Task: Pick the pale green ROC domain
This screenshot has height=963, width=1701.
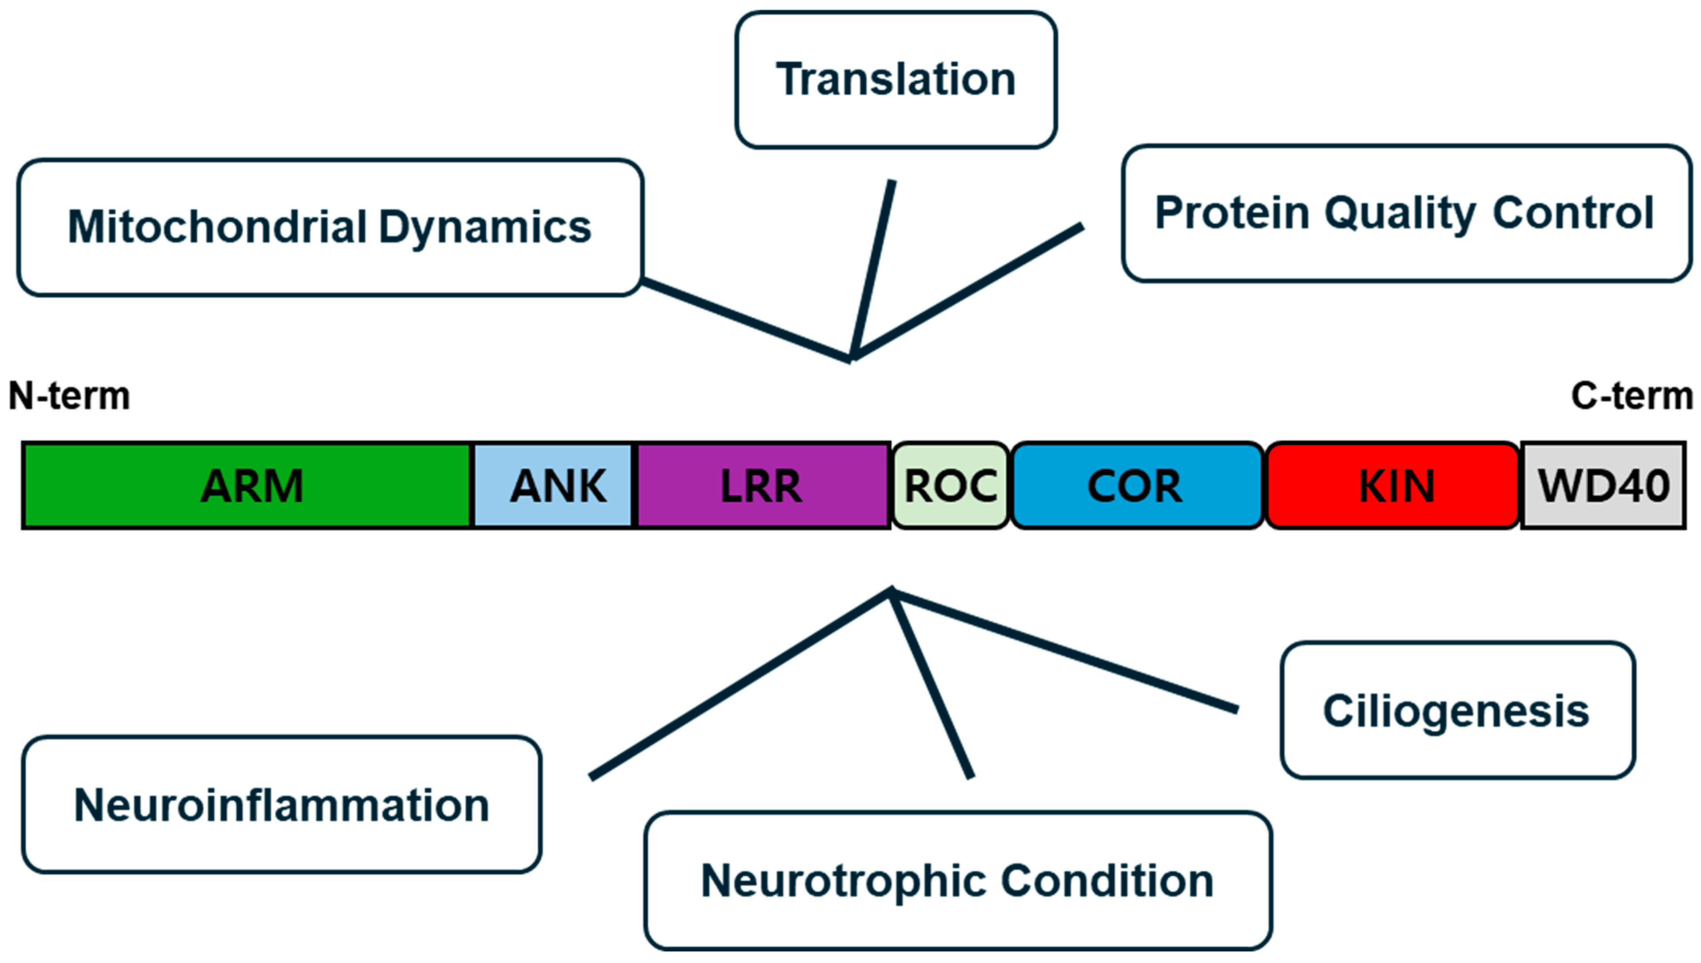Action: (x=950, y=485)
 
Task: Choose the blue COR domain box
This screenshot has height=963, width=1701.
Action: (x=1135, y=485)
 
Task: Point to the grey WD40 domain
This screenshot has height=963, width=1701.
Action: (x=1602, y=485)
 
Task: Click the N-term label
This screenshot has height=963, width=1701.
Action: (x=69, y=396)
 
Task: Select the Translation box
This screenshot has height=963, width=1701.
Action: (x=895, y=80)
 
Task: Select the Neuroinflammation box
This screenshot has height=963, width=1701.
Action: (x=282, y=804)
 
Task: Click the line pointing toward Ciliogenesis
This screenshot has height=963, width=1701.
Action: (x=1065, y=652)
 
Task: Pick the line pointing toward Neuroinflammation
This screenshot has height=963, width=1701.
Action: (x=741, y=684)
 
